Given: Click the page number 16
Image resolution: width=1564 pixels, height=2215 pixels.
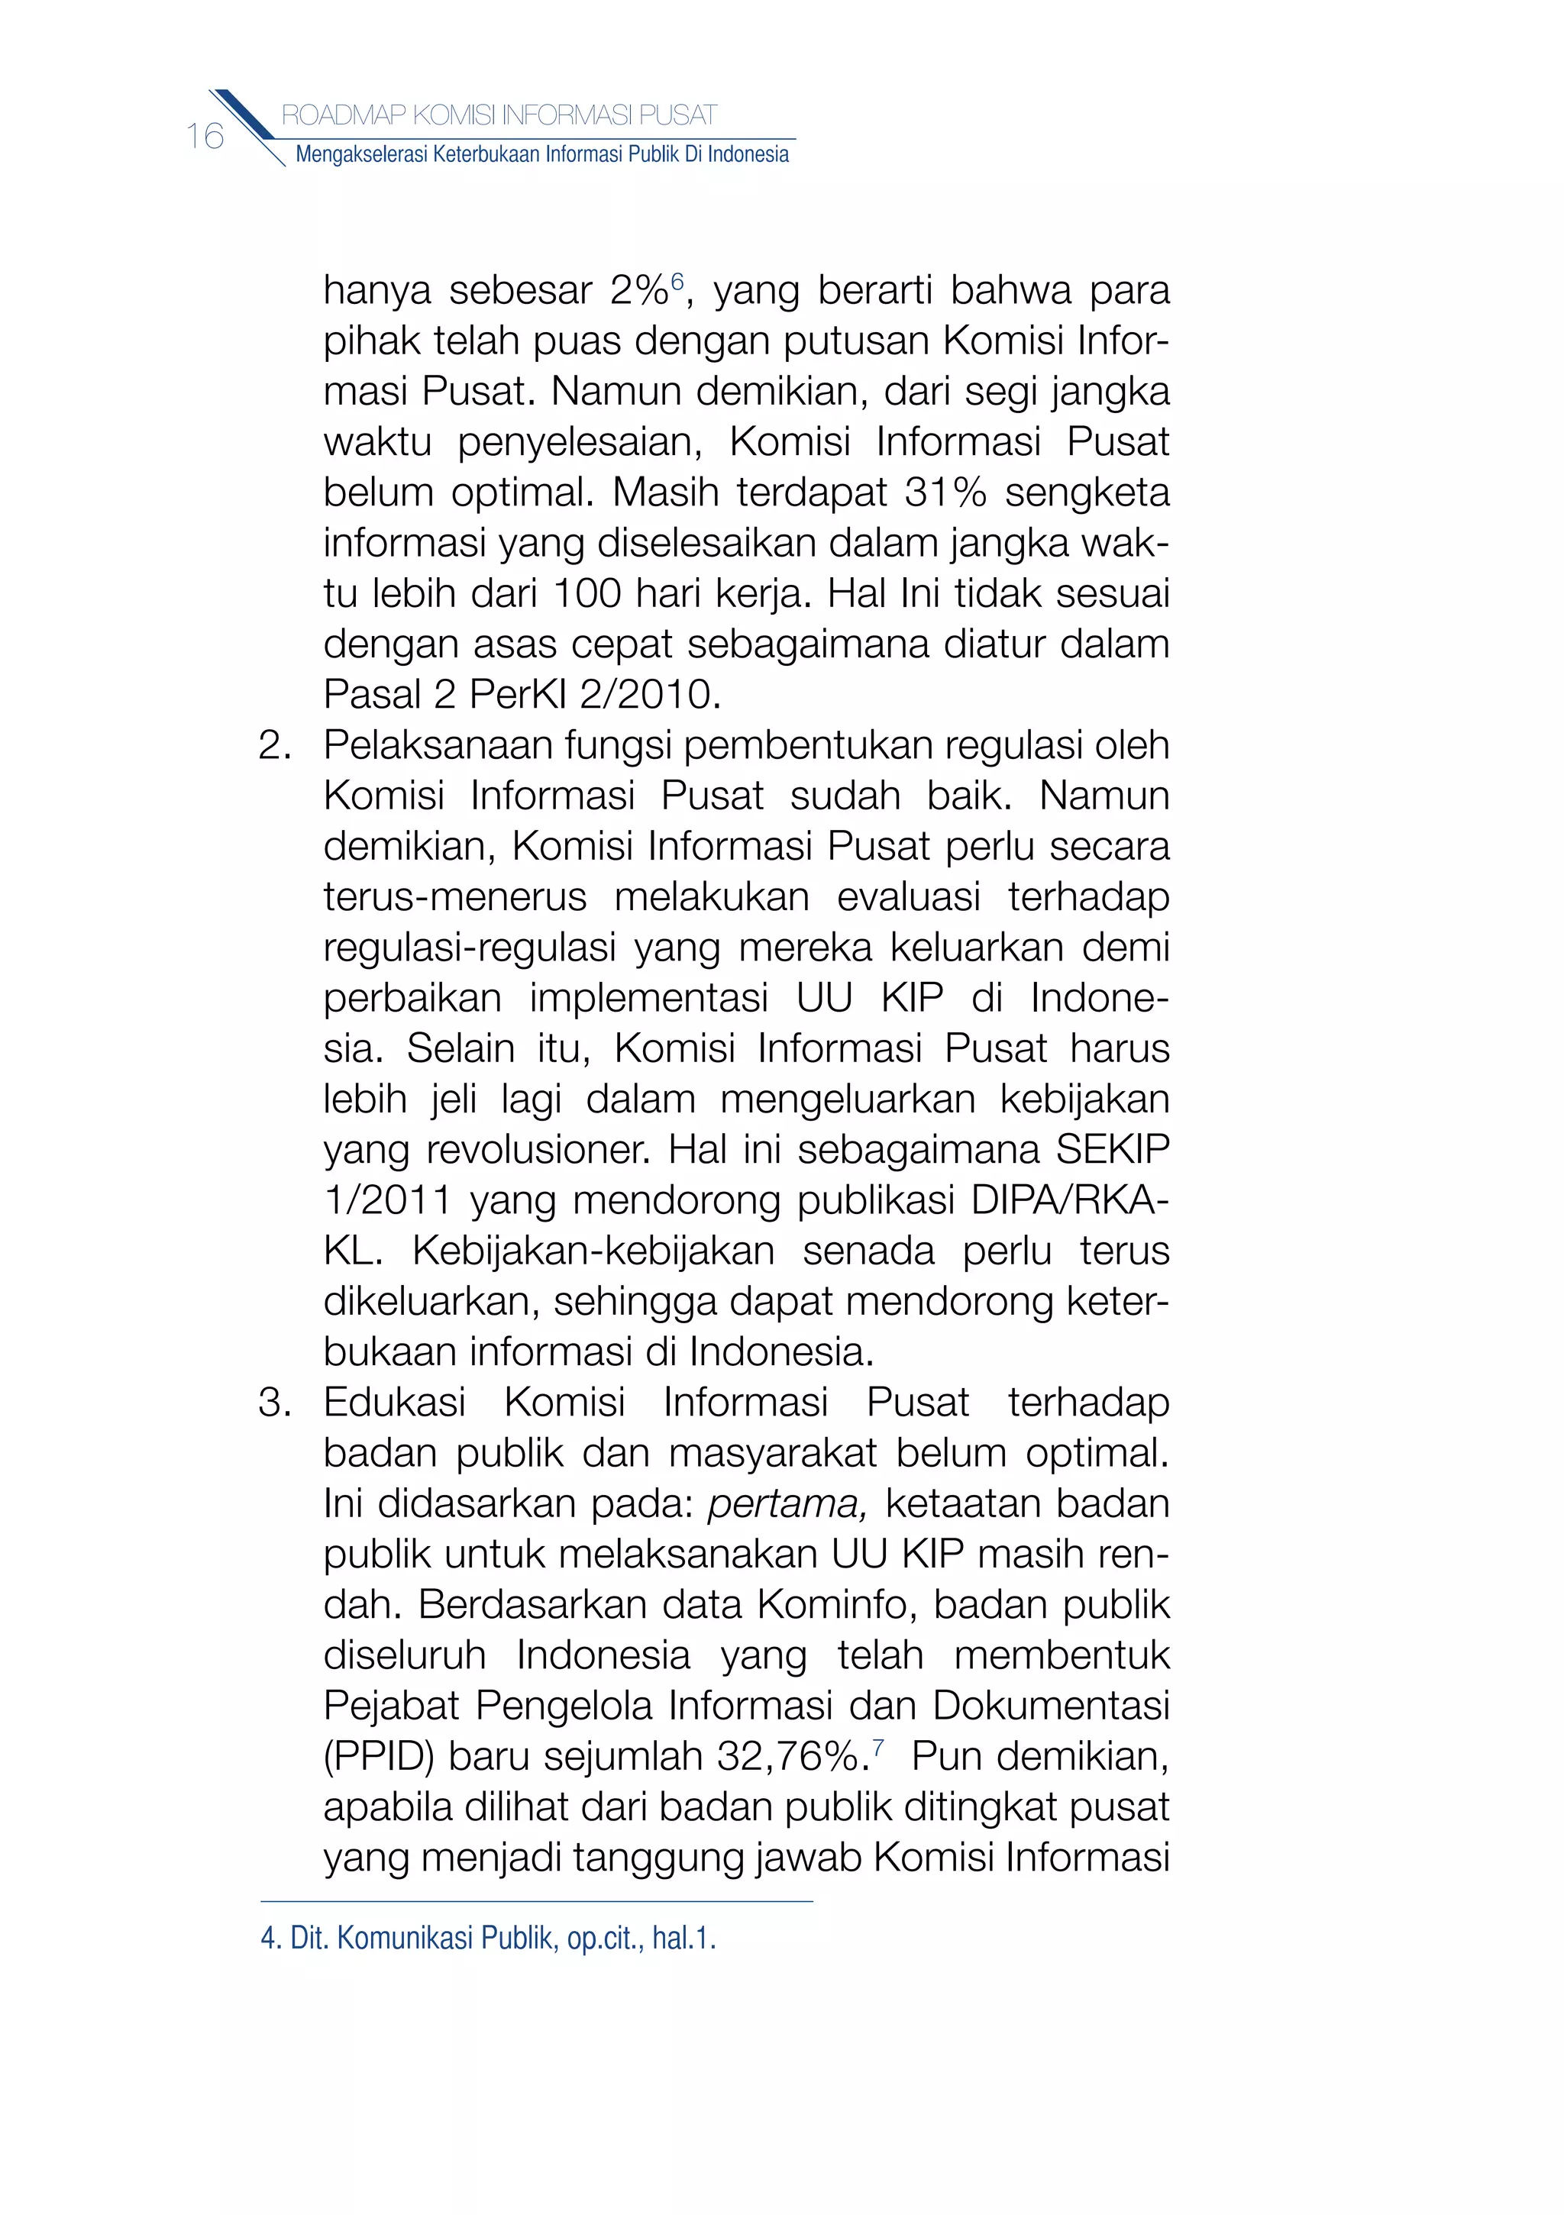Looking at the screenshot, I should pos(205,137).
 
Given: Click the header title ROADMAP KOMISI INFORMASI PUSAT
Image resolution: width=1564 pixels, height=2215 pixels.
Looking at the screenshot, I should pos(499,116).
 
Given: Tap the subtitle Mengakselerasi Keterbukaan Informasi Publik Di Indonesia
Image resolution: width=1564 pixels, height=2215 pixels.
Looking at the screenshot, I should pos(541,154).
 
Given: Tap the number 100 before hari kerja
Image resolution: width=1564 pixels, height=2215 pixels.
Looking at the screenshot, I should pos(586,593).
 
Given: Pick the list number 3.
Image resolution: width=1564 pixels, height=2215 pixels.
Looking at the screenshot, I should pos(275,1403).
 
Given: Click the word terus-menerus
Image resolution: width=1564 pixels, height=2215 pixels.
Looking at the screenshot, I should pos(454,897).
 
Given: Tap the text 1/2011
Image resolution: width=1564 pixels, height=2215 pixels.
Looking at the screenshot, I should pos(387,1201).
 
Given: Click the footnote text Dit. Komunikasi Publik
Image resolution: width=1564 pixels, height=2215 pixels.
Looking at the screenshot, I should pos(422,1938).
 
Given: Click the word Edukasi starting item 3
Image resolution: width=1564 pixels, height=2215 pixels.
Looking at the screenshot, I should pos(395,1403).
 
